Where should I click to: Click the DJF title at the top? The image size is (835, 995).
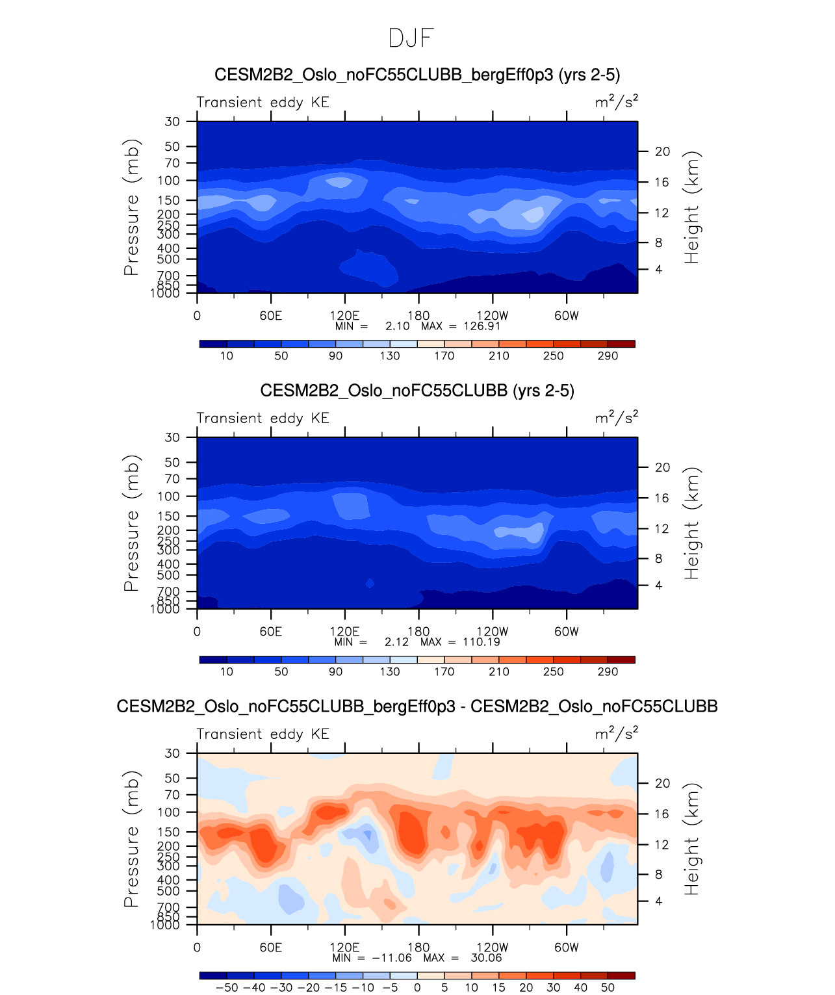pos(411,38)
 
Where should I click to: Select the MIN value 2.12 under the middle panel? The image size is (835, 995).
pos(396,642)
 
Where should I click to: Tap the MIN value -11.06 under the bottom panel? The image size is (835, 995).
pos(392,958)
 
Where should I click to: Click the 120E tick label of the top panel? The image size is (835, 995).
pos(344,316)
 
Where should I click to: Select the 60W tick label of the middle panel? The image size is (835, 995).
pos(567,632)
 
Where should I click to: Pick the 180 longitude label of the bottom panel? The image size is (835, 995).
pos(418,948)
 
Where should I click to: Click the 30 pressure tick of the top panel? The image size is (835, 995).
pos(172,122)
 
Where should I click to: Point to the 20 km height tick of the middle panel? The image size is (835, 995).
pos(662,467)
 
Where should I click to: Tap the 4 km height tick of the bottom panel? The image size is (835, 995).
pos(659,901)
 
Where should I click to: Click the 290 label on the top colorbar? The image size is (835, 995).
pos(608,356)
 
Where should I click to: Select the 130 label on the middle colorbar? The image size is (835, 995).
pos(390,672)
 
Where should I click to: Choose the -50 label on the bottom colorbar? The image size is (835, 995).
pos(226,988)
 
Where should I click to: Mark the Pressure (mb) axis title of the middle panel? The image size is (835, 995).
pos(131,523)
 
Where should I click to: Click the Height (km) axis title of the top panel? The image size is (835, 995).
pos(692,207)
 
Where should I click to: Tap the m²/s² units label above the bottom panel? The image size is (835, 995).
pos(617,734)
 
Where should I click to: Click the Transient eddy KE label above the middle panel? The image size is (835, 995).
pos(263,418)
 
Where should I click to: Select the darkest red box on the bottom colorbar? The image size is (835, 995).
pos(621,976)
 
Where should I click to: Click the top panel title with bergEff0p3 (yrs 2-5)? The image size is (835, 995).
pos(417,75)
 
